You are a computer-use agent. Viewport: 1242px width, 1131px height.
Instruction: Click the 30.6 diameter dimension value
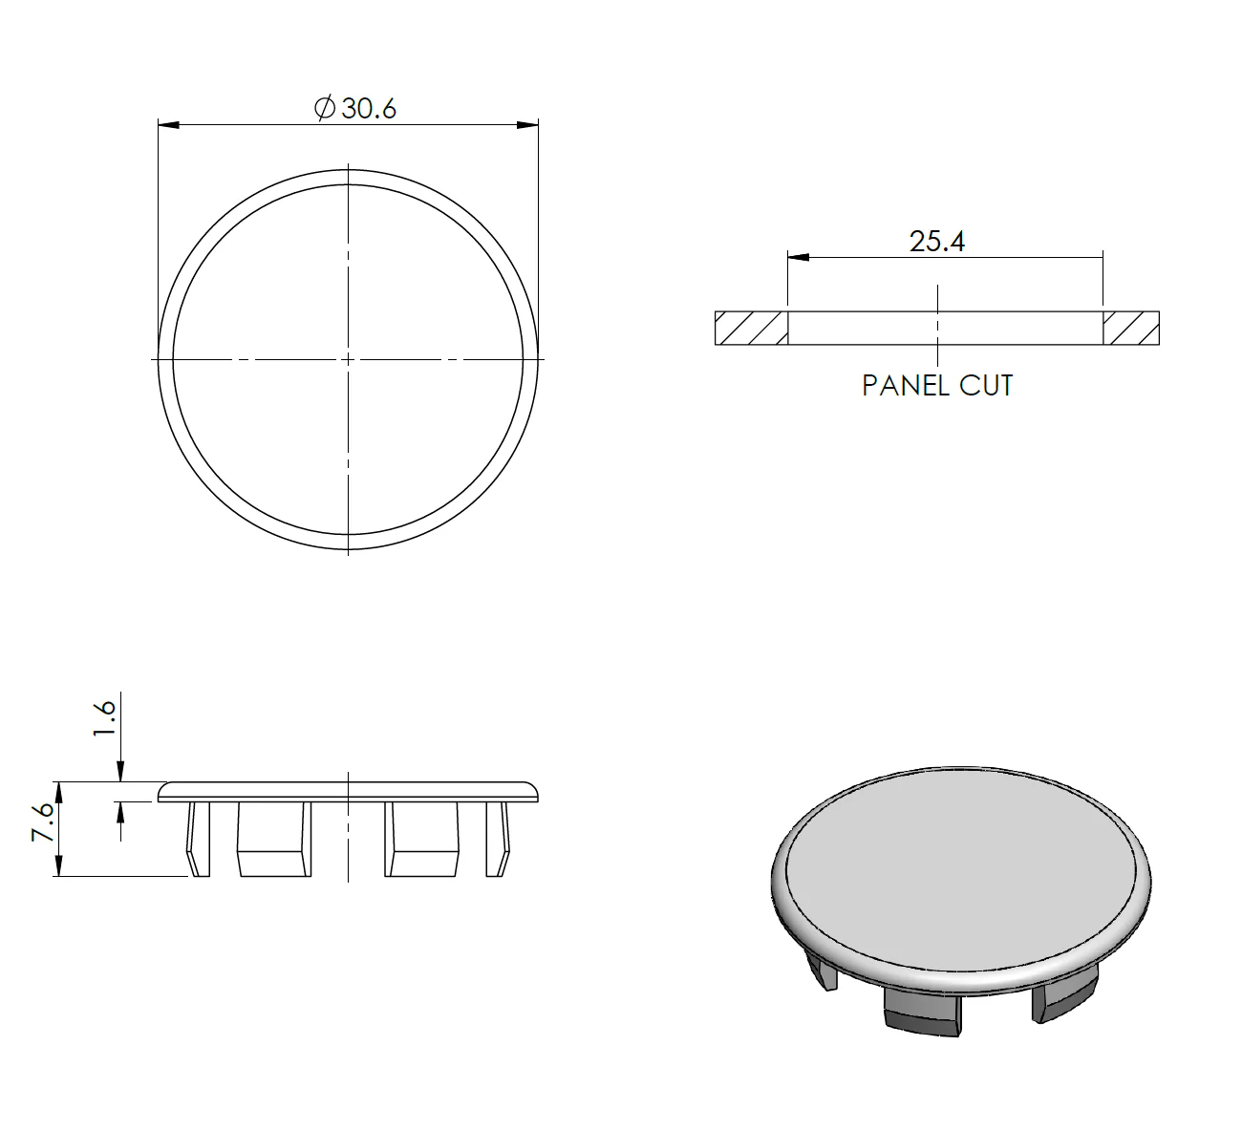[x=369, y=109]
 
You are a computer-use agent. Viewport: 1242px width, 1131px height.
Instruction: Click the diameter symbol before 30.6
[x=325, y=108]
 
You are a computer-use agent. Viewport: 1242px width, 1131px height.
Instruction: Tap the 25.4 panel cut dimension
[x=937, y=242]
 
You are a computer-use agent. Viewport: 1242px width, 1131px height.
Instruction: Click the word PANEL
[x=906, y=386]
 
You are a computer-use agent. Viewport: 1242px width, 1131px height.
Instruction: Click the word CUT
[x=986, y=386]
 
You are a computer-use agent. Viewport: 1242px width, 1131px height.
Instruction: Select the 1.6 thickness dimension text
[x=105, y=717]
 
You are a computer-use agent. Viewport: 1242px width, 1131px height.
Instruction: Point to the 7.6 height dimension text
[x=43, y=822]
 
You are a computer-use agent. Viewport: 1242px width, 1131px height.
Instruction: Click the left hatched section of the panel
[x=751, y=328]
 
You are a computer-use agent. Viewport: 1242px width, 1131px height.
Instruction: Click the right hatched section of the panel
[x=1131, y=328]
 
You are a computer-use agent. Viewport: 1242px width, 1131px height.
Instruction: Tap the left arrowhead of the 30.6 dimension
[x=169, y=125]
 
